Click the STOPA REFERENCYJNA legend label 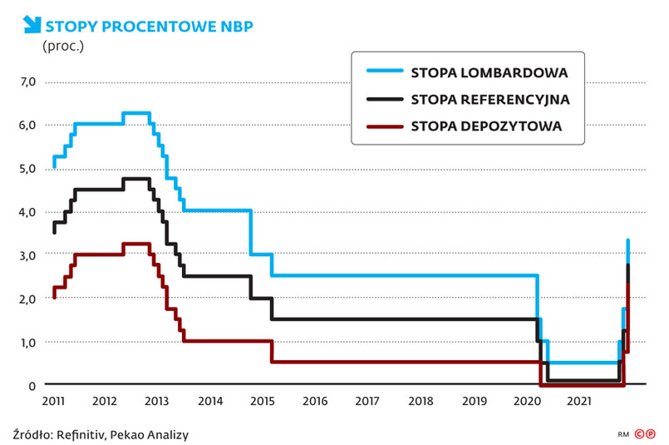489,99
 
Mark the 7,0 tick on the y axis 27,82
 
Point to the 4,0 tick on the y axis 27,212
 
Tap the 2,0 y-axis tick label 27,299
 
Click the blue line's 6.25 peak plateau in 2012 136,113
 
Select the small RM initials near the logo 623,434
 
